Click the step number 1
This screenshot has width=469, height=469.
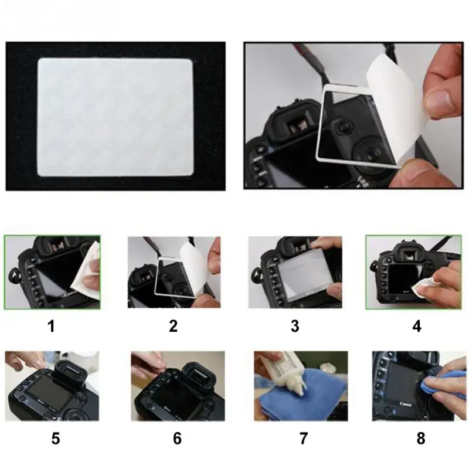pyautogui.click(x=52, y=326)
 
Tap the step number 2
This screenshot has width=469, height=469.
pyautogui.click(x=173, y=326)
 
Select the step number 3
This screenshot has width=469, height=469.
pyautogui.click(x=295, y=326)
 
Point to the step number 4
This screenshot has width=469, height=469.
pyautogui.click(x=417, y=326)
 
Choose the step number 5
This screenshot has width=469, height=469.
pyautogui.click(x=56, y=439)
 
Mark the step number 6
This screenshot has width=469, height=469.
pyautogui.click(x=178, y=439)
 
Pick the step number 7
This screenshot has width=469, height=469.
pyautogui.click(x=304, y=439)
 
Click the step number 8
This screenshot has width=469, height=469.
pyautogui.click(x=421, y=439)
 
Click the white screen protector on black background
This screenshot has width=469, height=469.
pyautogui.click(x=115, y=117)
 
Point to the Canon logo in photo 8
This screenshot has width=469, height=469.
pyautogui.click(x=406, y=404)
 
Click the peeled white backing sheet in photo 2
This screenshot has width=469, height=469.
pyautogui.click(x=196, y=266)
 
